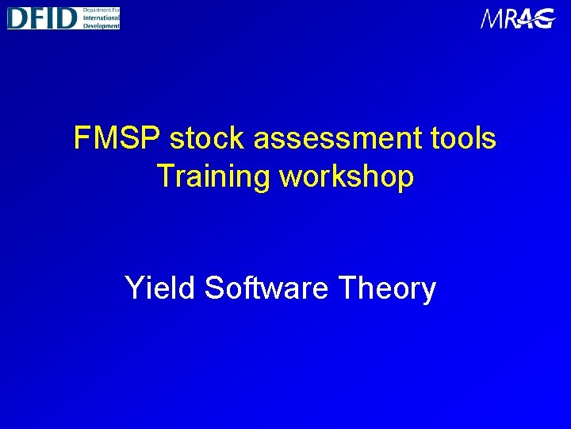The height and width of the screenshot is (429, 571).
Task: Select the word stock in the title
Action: coord(208,138)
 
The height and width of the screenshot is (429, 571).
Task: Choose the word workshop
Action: coord(347,176)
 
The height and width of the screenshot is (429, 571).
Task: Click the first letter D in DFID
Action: coord(17,17)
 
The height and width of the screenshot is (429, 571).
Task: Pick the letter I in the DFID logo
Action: coord(52,17)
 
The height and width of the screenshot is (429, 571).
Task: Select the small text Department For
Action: coord(101,10)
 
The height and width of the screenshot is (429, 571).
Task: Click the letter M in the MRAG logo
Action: coord(492,18)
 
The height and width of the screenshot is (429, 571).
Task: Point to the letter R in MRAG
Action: coord(511,18)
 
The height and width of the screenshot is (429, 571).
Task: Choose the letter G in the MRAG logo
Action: coord(546,18)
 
